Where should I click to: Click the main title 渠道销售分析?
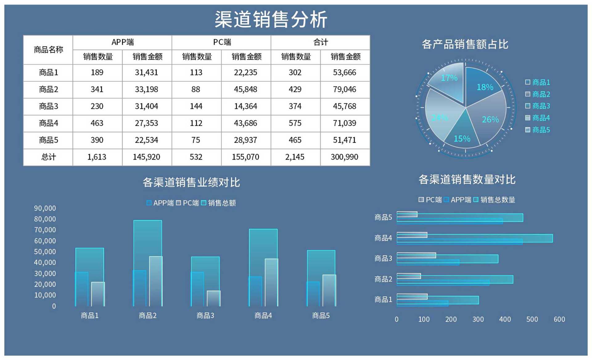[271, 19]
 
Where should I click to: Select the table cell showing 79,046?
[344, 89]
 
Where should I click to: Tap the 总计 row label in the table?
[48, 157]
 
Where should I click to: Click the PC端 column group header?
[221, 42]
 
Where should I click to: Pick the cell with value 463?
[97, 123]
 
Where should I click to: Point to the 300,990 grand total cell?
[344, 157]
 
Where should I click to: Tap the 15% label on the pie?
[462, 139]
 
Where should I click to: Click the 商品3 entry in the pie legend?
[541, 106]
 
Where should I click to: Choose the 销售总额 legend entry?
[222, 203]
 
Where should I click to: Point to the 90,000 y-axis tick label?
[45, 208]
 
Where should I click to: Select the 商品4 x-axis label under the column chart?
[263, 316]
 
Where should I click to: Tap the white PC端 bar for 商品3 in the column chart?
[214, 298]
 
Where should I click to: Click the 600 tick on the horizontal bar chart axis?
[559, 319]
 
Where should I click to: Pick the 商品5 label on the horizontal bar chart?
[383, 217]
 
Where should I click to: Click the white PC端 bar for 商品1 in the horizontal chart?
[412, 297]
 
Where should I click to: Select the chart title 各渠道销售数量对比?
[467, 180]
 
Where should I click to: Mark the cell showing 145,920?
[146, 157]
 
